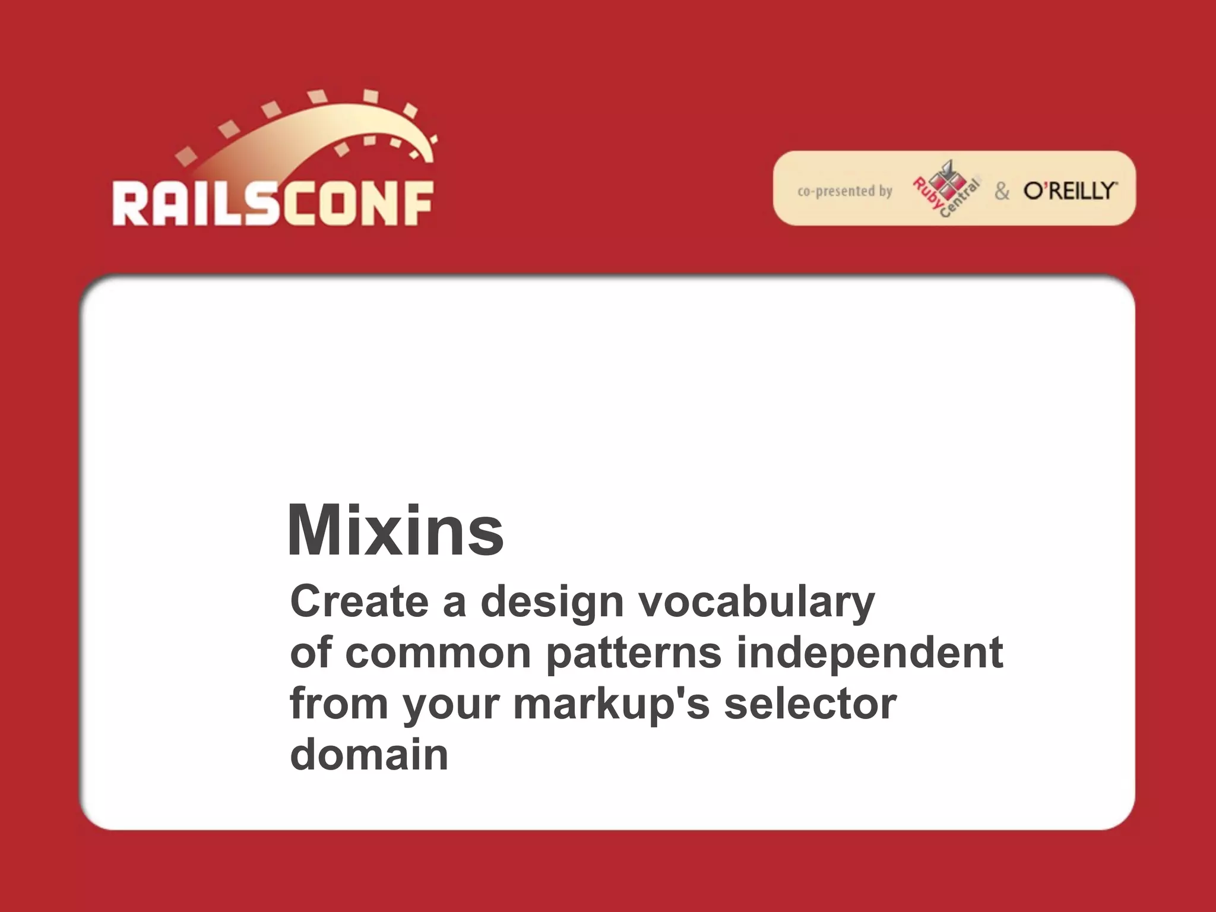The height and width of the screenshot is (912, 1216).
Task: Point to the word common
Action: (x=438, y=653)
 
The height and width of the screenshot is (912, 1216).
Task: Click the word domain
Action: (x=369, y=755)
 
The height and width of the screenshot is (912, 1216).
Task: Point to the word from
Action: (x=338, y=704)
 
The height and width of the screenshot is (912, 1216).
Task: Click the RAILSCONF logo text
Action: (x=273, y=204)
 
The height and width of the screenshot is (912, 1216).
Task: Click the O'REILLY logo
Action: (x=1070, y=191)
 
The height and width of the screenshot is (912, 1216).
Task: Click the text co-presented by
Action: (x=844, y=191)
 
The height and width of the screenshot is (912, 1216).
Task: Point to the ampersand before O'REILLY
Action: (x=1002, y=191)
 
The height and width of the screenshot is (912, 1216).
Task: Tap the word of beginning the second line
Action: (x=309, y=653)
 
